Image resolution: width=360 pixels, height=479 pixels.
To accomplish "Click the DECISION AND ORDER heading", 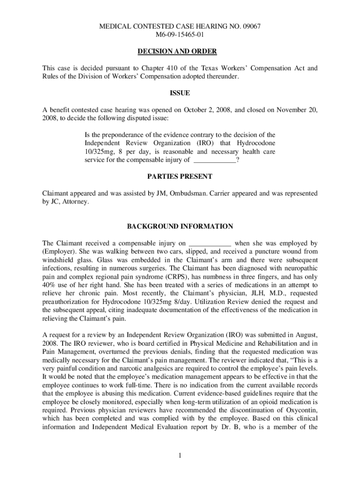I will tap(180, 51).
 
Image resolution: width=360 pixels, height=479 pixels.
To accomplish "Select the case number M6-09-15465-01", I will tap(180, 35).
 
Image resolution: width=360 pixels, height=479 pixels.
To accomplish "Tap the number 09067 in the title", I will tap(252, 27).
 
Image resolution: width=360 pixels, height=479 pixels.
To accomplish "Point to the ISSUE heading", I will tap(180, 93).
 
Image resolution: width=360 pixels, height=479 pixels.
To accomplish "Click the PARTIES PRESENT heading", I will tap(180, 176).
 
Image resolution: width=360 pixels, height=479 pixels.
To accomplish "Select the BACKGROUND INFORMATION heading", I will tap(180, 226).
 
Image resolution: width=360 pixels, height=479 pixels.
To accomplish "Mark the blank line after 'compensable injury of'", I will tap(215, 160).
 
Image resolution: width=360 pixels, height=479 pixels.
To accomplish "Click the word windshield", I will tap(58, 260).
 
